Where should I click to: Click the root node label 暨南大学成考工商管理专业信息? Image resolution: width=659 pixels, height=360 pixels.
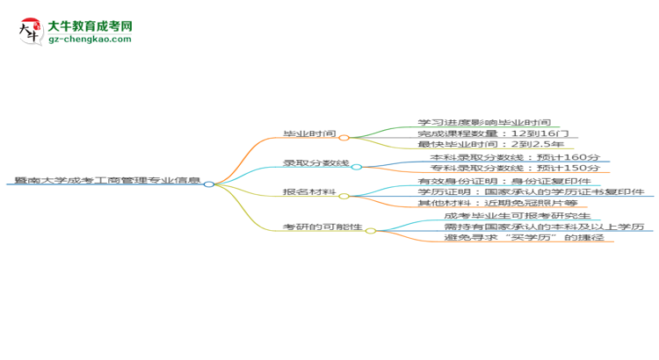(x=107, y=180)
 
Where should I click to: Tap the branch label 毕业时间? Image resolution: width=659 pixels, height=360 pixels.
(x=310, y=133)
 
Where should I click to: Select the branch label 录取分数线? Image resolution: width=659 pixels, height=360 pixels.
(x=316, y=163)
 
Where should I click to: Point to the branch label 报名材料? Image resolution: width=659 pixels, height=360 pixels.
(x=310, y=192)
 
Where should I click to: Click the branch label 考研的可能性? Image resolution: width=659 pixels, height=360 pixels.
(x=322, y=227)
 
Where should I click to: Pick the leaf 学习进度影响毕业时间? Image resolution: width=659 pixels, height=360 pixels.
(x=484, y=122)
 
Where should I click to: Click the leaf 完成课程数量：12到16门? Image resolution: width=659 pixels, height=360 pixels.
(x=493, y=133)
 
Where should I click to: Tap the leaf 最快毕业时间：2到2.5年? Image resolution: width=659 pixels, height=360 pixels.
(x=490, y=144)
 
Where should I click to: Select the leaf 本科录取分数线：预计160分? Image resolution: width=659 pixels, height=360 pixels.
(x=515, y=157)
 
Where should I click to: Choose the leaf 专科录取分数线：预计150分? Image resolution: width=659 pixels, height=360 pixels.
(x=515, y=168)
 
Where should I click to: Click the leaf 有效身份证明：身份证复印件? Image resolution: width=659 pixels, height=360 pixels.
(x=504, y=181)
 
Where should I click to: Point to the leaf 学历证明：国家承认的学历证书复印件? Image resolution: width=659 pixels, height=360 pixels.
(x=531, y=192)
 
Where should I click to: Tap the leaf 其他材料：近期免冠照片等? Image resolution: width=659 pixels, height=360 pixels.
(x=497, y=203)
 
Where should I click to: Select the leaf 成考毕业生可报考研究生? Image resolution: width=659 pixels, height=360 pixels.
(x=518, y=216)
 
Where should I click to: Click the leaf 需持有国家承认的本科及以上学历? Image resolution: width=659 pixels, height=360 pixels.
(x=544, y=227)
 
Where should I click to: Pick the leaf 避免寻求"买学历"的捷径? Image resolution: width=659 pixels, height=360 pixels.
(x=524, y=238)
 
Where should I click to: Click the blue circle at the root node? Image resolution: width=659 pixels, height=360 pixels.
(x=209, y=184)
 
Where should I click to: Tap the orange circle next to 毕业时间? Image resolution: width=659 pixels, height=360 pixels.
(x=344, y=137)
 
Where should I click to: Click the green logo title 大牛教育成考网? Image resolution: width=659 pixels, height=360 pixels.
(x=90, y=26)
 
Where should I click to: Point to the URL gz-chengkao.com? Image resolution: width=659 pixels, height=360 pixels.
(x=90, y=39)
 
